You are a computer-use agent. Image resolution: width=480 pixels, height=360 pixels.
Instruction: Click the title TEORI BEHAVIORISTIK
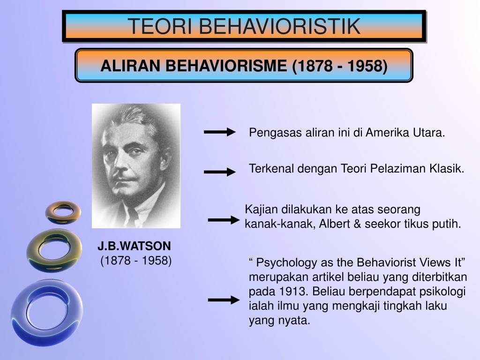pyautogui.click(x=244, y=26)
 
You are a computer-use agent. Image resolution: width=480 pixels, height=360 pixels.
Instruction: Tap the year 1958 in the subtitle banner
pyautogui.click(x=367, y=67)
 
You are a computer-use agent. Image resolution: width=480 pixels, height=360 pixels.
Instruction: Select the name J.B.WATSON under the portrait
pyautogui.click(x=135, y=246)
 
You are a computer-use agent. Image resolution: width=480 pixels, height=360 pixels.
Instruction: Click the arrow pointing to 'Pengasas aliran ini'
pyautogui.click(x=219, y=133)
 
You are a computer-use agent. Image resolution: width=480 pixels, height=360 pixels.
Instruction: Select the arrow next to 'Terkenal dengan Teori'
pyautogui.click(x=219, y=172)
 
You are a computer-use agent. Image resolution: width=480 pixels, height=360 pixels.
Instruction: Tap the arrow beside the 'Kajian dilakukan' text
pyautogui.click(x=223, y=220)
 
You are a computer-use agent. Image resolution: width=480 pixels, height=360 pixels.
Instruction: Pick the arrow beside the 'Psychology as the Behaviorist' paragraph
pyautogui.click(x=223, y=300)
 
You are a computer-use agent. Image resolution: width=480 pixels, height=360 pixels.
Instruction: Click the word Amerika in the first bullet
pyautogui.click(x=387, y=133)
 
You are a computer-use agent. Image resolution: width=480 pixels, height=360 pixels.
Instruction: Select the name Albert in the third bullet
pyautogui.click(x=333, y=224)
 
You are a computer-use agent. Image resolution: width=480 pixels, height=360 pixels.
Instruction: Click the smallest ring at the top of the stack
pyautogui.click(x=63, y=212)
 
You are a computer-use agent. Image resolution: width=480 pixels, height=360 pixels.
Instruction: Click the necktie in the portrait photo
pyautogui.click(x=134, y=217)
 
